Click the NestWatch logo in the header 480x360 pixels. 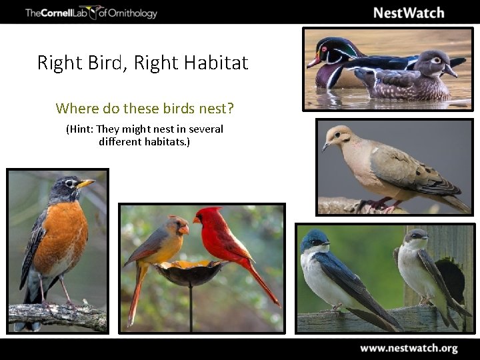coord(408,13)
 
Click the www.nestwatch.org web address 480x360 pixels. coord(409,348)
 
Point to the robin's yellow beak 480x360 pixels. coord(85,183)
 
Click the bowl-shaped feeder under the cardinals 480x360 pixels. coord(190,271)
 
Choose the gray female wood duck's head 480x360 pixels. coord(432,62)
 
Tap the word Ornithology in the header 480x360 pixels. coord(132,13)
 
